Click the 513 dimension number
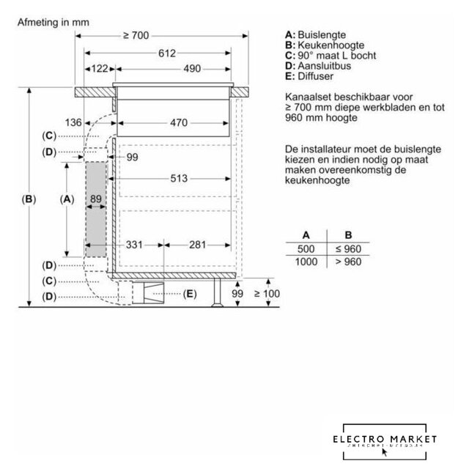pos(179,178)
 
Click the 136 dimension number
pos(72,122)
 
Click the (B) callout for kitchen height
pos(29,199)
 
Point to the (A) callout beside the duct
pos(67,199)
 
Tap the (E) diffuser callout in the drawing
pos(189,294)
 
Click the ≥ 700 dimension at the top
pos(136,36)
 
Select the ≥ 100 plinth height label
pos(267,294)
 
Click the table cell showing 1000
pos(306,262)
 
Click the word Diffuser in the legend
pos(315,75)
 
